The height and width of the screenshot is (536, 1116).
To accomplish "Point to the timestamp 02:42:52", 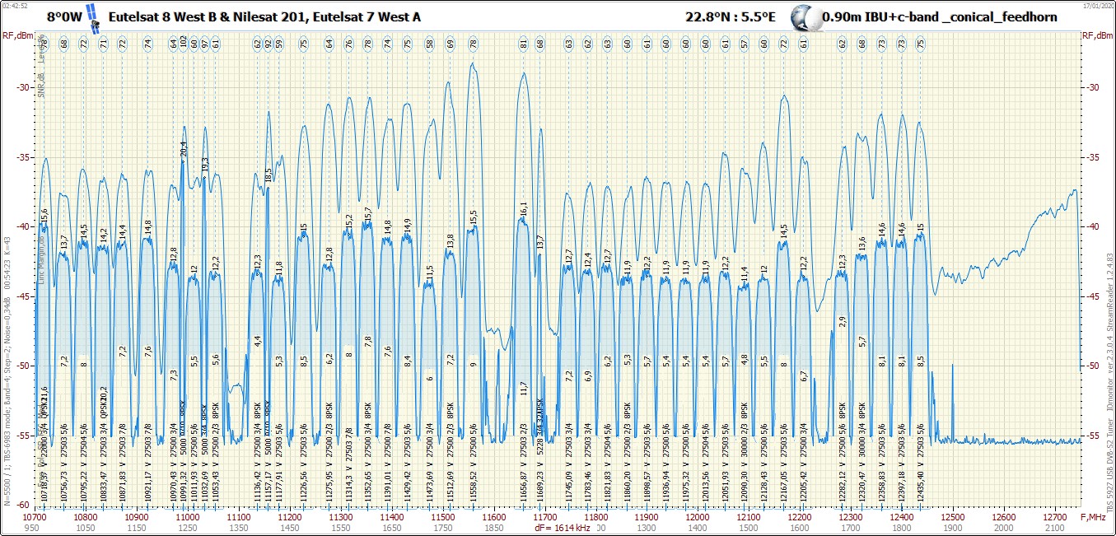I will coord(15,4).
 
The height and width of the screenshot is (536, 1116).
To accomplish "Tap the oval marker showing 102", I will coord(183,43).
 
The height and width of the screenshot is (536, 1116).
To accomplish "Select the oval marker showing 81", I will coord(523,43).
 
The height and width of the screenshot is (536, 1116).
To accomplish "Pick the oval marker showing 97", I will coord(204,43).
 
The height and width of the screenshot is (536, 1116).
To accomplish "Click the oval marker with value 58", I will coord(429,43).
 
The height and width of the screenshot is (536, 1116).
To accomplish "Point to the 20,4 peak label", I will coord(183,149).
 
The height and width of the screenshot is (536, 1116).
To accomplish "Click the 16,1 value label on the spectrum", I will coord(523,209).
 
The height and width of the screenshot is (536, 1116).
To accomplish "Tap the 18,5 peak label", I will coord(268,175).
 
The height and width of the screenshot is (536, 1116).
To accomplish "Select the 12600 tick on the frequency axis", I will coord(1004,516).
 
